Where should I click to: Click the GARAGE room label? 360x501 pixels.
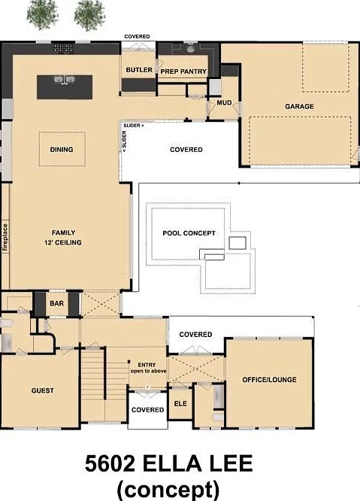click(299, 106)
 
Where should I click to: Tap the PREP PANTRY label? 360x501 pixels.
click(183, 71)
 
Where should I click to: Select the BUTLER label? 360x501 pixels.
click(139, 70)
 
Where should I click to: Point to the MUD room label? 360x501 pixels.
click(224, 102)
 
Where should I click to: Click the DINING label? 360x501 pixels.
click(62, 149)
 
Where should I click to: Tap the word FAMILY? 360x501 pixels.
click(64, 232)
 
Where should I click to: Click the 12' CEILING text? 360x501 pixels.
click(63, 242)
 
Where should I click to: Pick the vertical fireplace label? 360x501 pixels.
click(5, 237)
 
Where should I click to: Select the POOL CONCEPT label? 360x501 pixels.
click(189, 233)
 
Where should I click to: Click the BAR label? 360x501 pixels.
click(56, 303)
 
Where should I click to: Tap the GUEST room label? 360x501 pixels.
click(42, 390)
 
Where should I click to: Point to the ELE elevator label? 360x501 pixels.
click(180, 403)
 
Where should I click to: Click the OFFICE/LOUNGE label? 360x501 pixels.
click(269, 380)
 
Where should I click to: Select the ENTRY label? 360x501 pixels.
click(147, 365)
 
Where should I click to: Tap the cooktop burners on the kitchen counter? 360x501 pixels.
click(63, 48)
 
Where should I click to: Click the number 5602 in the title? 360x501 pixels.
click(110, 463)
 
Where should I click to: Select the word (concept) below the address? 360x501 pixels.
click(168, 489)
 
